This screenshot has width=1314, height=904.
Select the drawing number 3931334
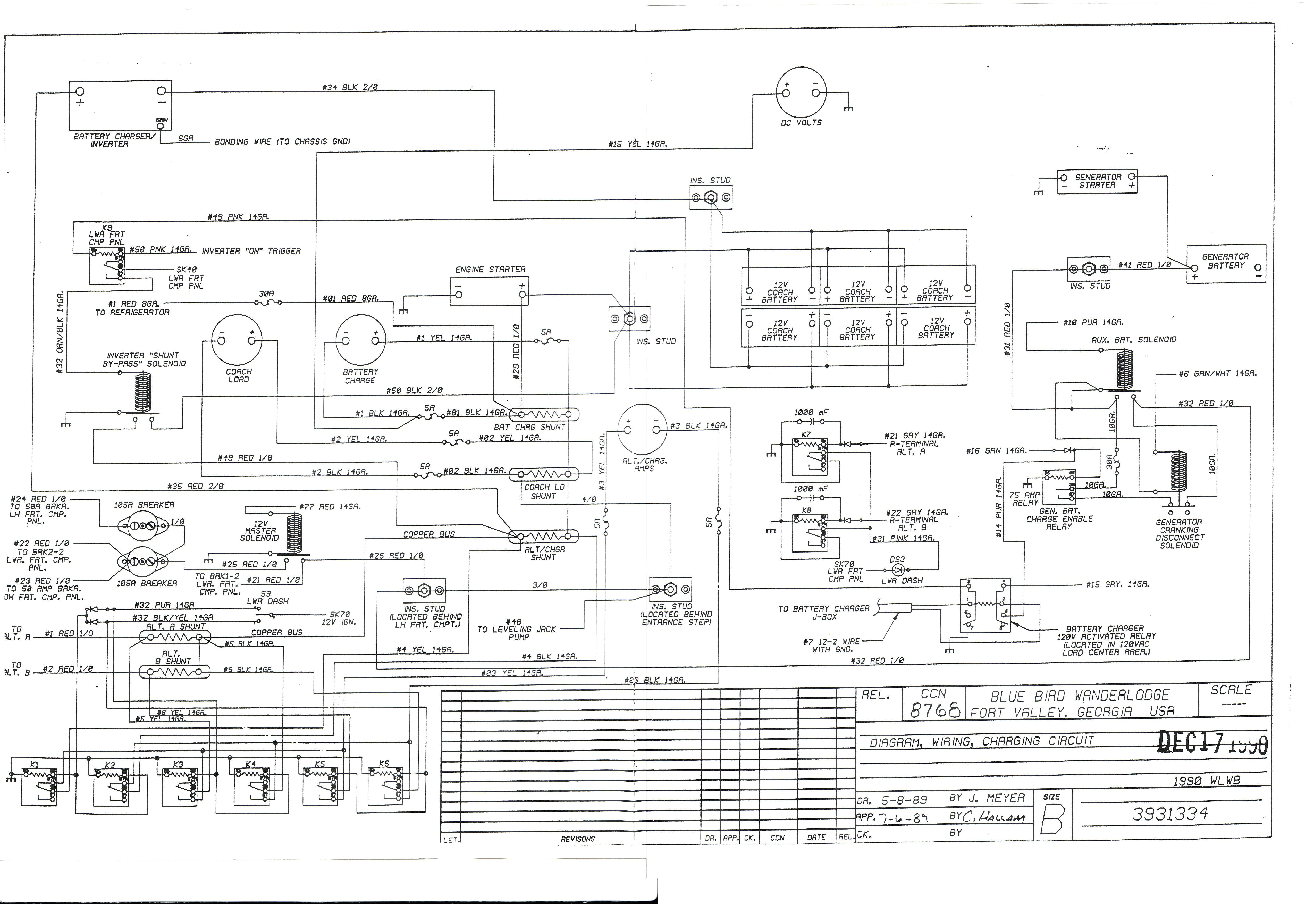click(x=1170, y=814)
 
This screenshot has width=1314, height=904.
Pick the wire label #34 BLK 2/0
click(x=350, y=87)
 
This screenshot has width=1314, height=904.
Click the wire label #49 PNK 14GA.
click(x=238, y=217)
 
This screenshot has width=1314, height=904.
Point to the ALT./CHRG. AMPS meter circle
click(x=642, y=429)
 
